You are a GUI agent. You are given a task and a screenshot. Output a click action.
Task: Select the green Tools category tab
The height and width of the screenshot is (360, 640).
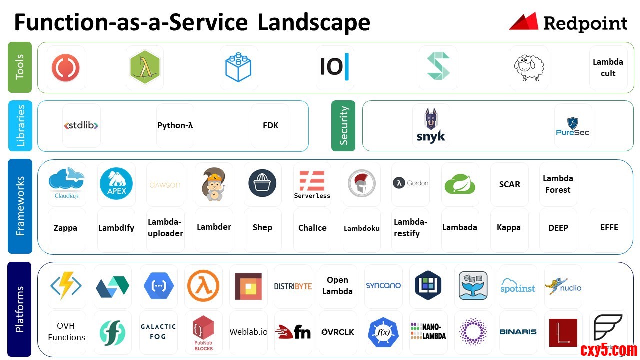pyautogui.click(x=20, y=67)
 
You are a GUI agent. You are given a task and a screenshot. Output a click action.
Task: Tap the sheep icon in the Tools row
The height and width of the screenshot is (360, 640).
pyautogui.click(x=529, y=67)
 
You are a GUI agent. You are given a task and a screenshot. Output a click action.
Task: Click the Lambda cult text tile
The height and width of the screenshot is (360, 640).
pyautogui.click(x=608, y=68)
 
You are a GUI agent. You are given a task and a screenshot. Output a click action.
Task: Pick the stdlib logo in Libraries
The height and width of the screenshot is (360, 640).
pyautogui.click(x=81, y=126)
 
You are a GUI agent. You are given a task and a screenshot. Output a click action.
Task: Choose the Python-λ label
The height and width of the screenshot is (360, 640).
pyautogui.click(x=175, y=126)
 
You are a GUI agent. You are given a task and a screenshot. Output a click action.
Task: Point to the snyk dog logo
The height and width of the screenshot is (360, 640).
pyautogui.click(x=431, y=126)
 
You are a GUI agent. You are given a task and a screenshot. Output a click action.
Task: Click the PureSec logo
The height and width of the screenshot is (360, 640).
pyautogui.click(x=573, y=126)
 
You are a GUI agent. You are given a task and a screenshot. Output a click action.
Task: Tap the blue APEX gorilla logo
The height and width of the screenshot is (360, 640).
pyautogui.click(x=116, y=183)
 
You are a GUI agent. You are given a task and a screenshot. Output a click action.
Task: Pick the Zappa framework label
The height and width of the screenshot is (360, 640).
pyautogui.click(x=66, y=228)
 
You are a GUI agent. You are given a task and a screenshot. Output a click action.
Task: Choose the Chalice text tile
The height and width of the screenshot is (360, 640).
pyautogui.click(x=312, y=228)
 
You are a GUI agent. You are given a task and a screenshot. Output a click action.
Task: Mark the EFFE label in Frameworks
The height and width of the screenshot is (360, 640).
pyautogui.click(x=609, y=228)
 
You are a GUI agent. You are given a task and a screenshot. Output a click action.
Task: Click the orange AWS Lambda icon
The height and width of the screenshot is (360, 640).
pyautogui.click(x=203, y=286)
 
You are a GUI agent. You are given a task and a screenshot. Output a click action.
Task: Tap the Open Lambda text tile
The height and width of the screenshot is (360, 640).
pyautogui.click(x=337, y=286)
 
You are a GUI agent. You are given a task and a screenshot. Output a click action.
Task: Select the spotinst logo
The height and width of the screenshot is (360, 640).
pyautogui.click(x=518, y=286)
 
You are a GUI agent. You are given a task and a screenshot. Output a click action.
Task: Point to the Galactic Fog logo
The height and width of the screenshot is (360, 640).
pyautogui.click(x=158, y=331)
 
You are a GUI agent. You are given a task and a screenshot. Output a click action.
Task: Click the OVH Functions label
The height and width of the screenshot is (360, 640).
pyautogui.click(x=66, y=332)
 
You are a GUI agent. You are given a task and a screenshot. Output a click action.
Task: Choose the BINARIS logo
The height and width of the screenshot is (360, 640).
pyautogui.click(x=518, y=332)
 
